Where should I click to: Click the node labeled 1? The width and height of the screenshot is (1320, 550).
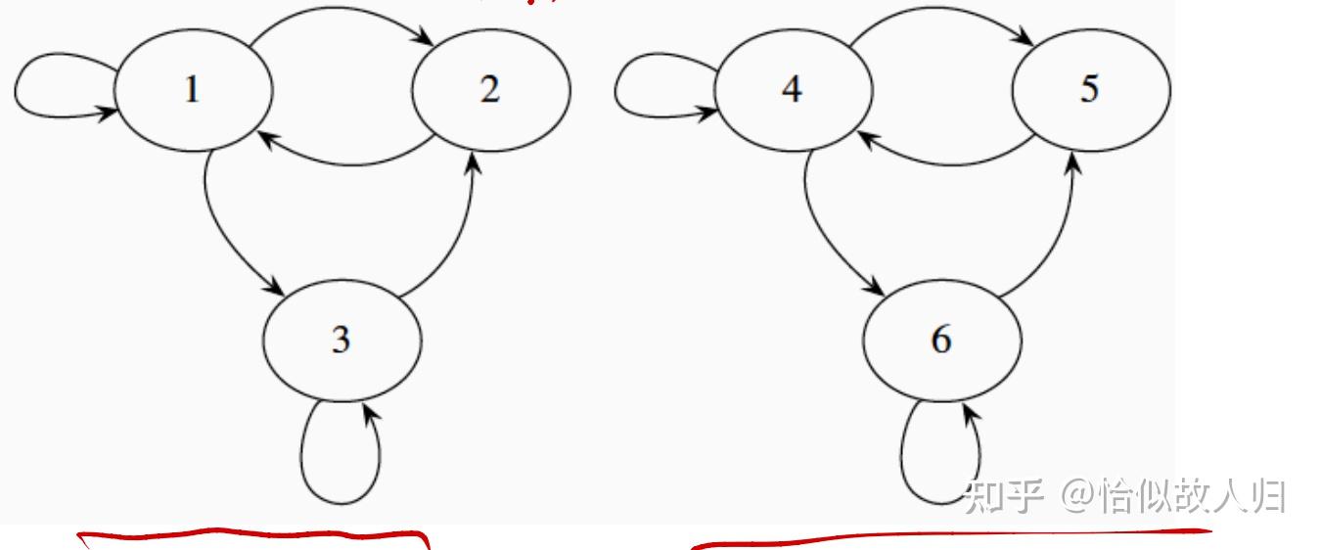click(x=193, y=90)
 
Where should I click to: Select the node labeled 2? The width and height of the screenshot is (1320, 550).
click(x=490, y=90)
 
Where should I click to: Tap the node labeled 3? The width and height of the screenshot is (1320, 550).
click(x=341, y=340)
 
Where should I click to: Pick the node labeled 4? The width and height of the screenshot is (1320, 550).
click(x=793, y=90)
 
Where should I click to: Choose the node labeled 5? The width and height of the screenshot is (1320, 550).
click(x=1090, y=90)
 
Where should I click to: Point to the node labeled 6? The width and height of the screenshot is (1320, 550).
click(x=941, y=340)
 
